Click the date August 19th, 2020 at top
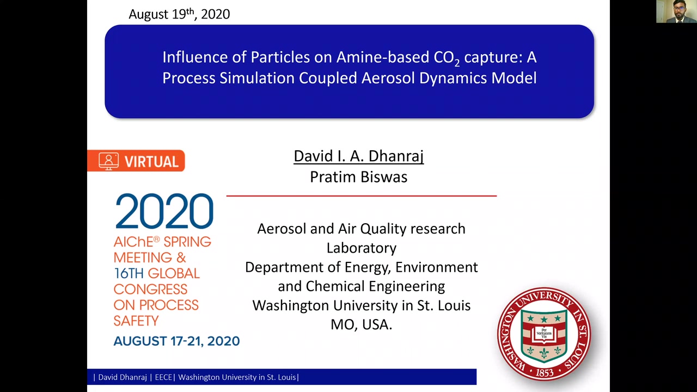coord(179,14)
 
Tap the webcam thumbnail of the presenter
coord(676,11)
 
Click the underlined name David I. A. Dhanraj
coord(358,156)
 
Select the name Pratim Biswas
coord(358,177)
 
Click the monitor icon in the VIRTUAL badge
coord(108,161)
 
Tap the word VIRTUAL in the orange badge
coord(151,162)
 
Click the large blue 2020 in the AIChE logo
coord(164,211)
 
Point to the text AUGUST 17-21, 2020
coord(176,341)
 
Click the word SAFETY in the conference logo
coord(136,321)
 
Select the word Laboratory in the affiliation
coord(361,248)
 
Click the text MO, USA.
coord(361,324)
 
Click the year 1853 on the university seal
coord(544,372)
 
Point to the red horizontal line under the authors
coord(361,196)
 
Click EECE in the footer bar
coord(163,377)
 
